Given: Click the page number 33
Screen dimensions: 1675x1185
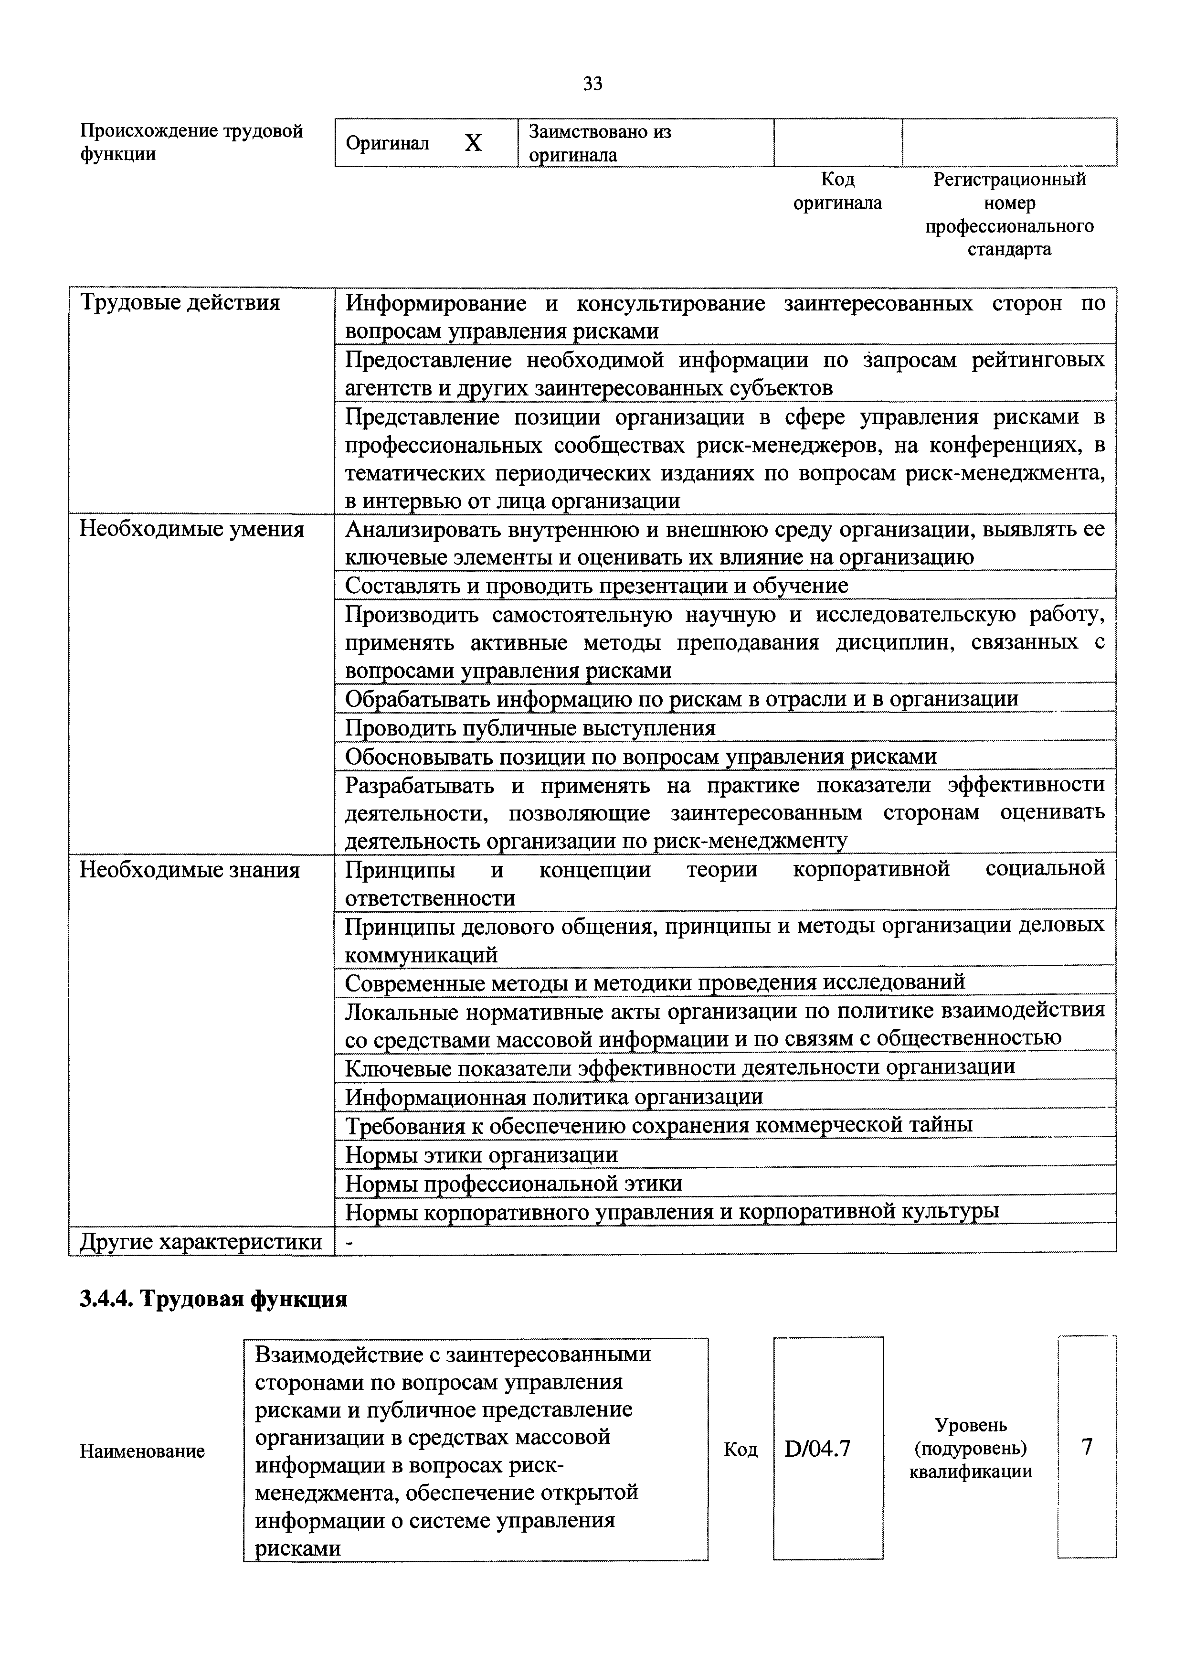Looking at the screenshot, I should [592, 85].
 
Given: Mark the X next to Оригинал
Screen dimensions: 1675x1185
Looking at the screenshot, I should [474, 143].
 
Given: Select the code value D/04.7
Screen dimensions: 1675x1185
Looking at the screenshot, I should [817, 1448].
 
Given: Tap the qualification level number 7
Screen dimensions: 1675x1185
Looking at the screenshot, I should [1087, 1447].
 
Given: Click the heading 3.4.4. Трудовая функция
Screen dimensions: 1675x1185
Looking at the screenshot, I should [213, 1299].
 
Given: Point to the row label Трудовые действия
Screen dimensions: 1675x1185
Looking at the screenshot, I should [180, 302].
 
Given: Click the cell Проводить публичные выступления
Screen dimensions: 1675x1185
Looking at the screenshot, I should [530, 728].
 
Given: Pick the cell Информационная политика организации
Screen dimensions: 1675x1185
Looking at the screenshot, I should [555, 1097].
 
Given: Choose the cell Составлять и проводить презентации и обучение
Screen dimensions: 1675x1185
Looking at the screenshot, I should [596, 586].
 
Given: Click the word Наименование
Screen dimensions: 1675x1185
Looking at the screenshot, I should [142, 1451].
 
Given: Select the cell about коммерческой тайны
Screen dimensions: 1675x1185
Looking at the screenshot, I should [658, 1125].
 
